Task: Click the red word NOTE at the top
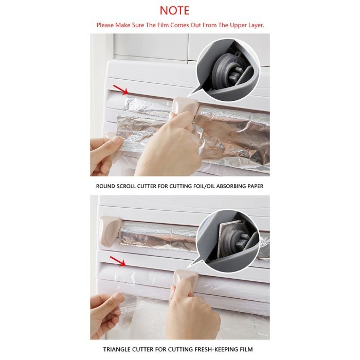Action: (174, 10)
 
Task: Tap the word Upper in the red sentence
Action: (232, 25)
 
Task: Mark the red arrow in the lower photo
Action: (118, 262)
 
